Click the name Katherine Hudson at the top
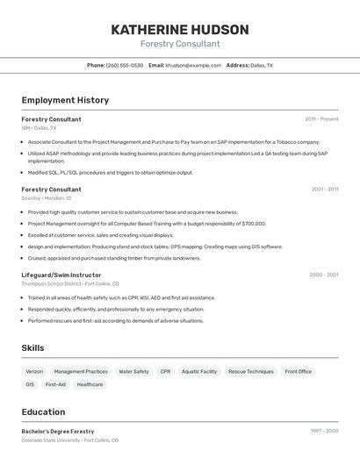pos(179,29)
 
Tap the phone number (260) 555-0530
pos(125,65)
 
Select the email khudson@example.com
pos(193,65)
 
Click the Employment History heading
pos(65,100)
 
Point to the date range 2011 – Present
pos(321,119)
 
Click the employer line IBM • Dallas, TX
pos(39,127)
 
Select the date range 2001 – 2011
pos(324,190)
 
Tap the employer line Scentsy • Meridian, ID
pos(47,198)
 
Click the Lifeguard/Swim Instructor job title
pos(61,275)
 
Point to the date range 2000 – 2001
pos(323,275)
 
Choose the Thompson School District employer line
pos(69,283)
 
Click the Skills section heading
pos(32,348)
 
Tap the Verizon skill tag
pos(34,372)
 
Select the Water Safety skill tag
pos(133,372)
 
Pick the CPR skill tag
pos(165,372)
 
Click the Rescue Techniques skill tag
pos(251,372)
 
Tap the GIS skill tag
pos(30,384)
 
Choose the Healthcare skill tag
pos(90,384)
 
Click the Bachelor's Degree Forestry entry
pos(58,432)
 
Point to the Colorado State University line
pos(69,440)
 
